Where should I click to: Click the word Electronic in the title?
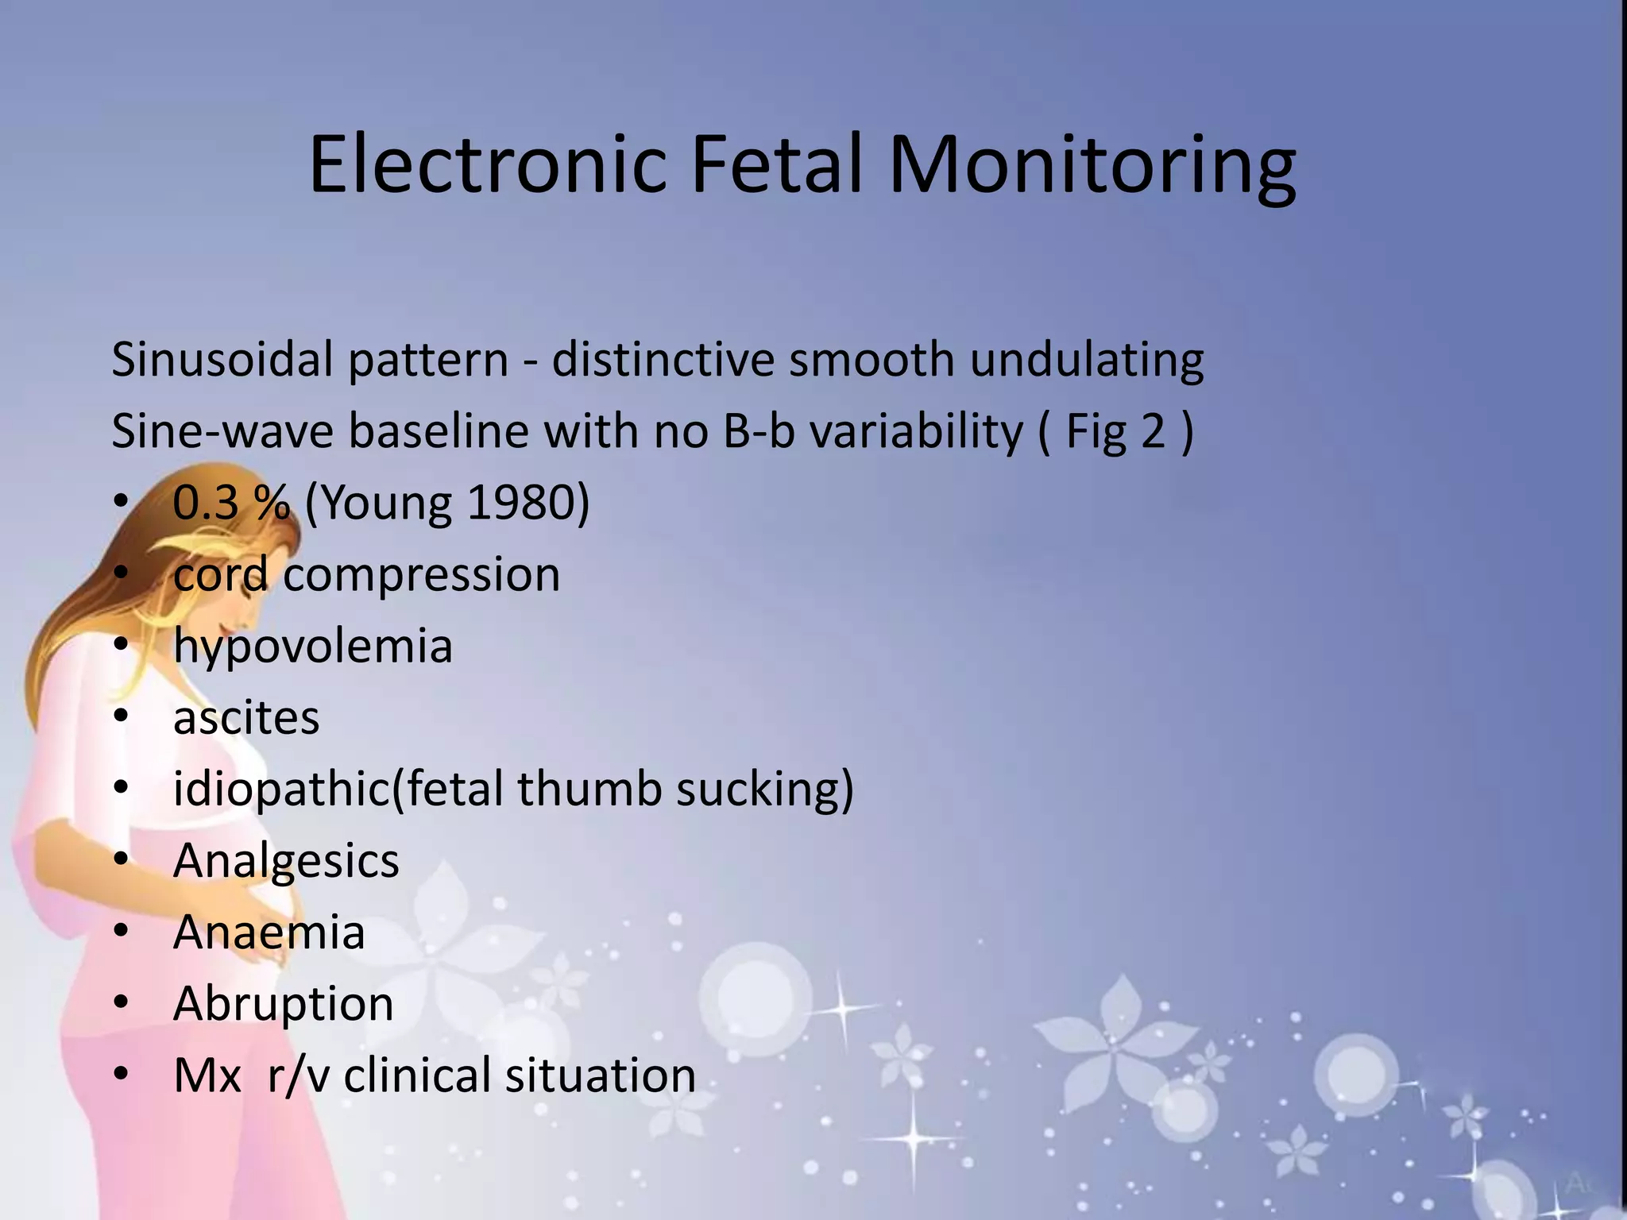[486, 164]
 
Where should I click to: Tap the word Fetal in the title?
[776, 164]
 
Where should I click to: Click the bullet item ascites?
[246, 718]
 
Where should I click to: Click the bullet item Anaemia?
[269, 932]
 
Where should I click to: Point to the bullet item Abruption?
[283, 1004]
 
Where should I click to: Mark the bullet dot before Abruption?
[121, 1002]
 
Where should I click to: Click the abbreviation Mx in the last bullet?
[207, 1075]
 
